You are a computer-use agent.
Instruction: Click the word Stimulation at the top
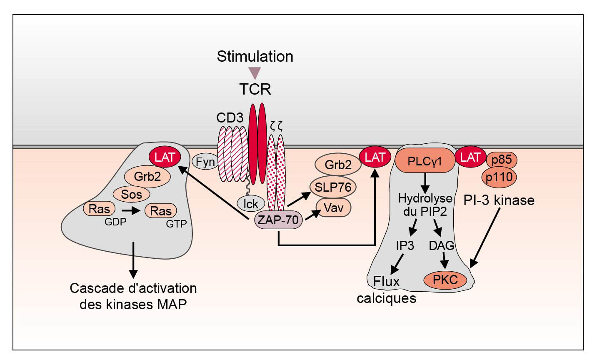(x=255, y=57)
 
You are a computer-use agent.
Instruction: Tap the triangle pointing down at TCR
(x=254, y=73)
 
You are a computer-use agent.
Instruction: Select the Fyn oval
(x=205, y=162)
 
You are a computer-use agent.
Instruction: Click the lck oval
(x=251, y=203)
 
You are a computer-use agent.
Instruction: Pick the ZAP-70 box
(x=278, y=220)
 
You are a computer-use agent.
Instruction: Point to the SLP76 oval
(x=333, y=187)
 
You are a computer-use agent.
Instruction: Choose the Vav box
(x=333, y=207)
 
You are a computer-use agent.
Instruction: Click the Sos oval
(x=132, y=194)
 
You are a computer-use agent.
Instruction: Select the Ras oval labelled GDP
(x=99, y=209)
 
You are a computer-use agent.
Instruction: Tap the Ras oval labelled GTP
(x=161, y=210)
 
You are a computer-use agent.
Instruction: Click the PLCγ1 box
(x=425, y=161)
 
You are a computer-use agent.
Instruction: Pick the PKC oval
(x=445, y=280)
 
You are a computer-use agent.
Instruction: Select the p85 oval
(x=502, y=160)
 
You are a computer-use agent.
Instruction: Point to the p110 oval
(x=500, y=177)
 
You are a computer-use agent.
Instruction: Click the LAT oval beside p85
(x=470, y=157)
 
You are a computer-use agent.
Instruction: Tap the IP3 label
(x=405, y=245)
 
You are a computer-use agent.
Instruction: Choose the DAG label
(x=441, y=245)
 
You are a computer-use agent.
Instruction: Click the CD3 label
(x=230, y=118)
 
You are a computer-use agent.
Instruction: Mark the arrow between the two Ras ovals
(x=130, y=211)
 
